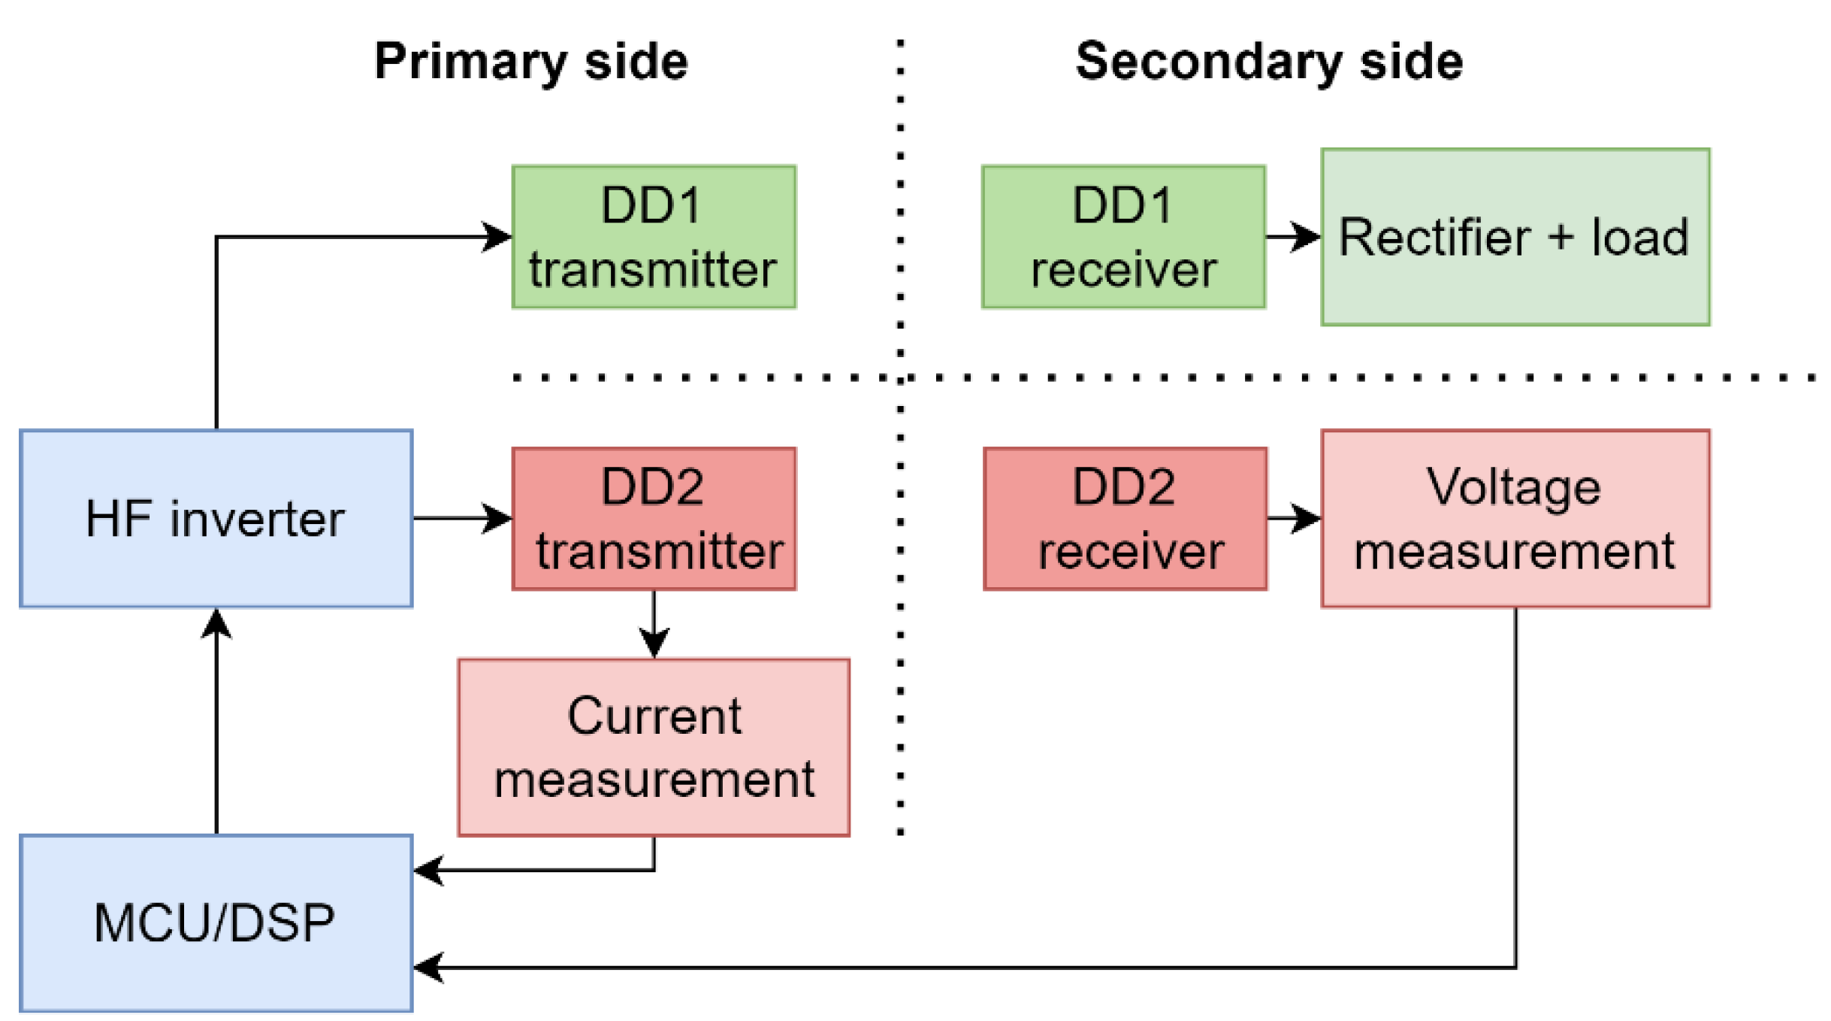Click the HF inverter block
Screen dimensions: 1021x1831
click(x=215, y=518)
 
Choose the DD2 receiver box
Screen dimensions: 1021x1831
click(x=1124, y=518)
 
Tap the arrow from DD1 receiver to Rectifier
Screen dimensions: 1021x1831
click(x=1292, y=236)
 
